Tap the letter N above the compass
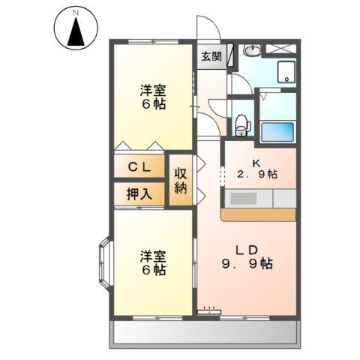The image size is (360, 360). (x=76, y=13)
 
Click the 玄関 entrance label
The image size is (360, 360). (x=211, y=55)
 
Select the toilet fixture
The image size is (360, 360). (x=241, y=123)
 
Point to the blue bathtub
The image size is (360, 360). (x=278, y=133)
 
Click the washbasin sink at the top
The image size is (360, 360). (x=253, y=50)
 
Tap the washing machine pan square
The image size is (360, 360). (x=285, y=73)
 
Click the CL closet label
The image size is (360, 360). (x=139, y=168)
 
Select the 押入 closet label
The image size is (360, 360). (x=139, y=193)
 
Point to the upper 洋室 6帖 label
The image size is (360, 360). (x=152, y=97)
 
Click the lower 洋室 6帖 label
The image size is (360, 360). (x=152, y=262)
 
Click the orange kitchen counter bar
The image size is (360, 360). (x=259, y=214)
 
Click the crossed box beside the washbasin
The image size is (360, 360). (x=285, y=49)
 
